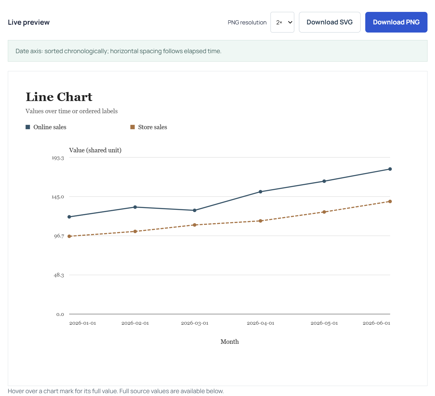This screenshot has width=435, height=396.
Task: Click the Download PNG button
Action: pyautogui.click(x=396, y=22)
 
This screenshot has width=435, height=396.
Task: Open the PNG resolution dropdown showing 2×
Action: pyautogui.click(x=282, y=22)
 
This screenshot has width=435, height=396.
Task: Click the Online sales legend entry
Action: pyautogui.click(x=46, y=127)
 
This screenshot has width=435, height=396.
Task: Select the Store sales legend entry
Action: pyautogui.click(x=149, y=127)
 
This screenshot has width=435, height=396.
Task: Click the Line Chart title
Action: pyautogui.click(x=59, y=97)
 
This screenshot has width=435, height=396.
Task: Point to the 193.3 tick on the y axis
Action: pyautogui.click(x=58, y=158)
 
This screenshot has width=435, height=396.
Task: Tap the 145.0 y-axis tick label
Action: pyautogui.click(x=58, y=197)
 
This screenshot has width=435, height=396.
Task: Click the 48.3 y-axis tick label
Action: pyautogui.click(x=59, y=275)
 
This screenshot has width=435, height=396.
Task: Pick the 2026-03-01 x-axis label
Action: pyautogui.click(x=195, y=323)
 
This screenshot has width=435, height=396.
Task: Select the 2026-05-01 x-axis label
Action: pyautogui.click(x=324, y=323)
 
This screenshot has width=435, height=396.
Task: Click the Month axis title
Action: pyautogui.click(x=230, y=342)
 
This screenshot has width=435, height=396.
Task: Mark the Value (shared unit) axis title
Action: pyautogui.click(x=95, y=150)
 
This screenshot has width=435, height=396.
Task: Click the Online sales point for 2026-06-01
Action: pyautogui.click(x=390, y=169)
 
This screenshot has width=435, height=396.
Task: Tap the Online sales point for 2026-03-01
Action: pyautogui.click(x=195, y=210)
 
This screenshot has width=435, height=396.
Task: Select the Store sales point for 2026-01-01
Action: pyautogui.click(x=69, y=236)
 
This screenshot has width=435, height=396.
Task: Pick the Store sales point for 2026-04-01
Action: pyautogui.click(x=260, y=221)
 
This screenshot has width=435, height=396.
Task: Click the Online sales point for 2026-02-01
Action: pyautogui.click(x=135, y=207)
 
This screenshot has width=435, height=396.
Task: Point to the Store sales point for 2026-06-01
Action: pyautogui.click(x=390, y=201)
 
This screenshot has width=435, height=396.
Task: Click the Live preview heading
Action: pyautogui.click(x=29, y=22)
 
